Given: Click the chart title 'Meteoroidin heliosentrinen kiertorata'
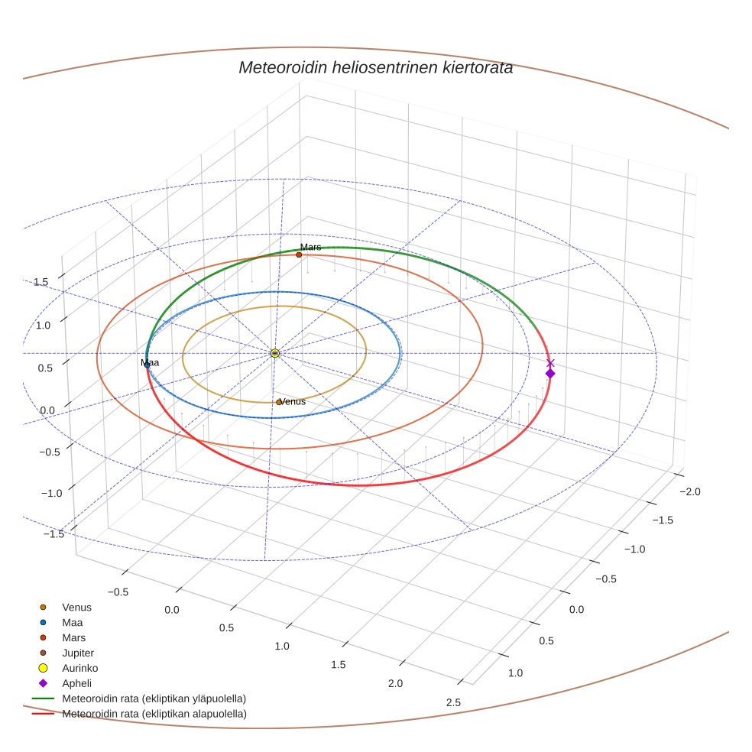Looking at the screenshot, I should [375, 67].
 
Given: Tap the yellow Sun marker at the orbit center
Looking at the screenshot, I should [274, 353].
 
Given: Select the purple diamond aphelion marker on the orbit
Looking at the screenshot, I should [549, 373].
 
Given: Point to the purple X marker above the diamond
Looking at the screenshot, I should [550, 363].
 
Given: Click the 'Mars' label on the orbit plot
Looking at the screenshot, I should [310, 247].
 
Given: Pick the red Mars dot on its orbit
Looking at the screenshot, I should [299, 254].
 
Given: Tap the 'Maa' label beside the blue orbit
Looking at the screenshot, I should [151, 362].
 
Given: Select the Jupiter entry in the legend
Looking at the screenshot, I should [78, 653].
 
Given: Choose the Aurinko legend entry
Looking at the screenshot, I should [79, 668].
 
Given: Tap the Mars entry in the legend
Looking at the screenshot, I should [73, 637].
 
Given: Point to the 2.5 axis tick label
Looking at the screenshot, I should [453, 702].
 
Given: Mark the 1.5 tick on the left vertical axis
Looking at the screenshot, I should [41, 282].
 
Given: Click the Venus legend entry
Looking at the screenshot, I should [76, 607].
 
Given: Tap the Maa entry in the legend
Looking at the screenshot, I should [73, 622].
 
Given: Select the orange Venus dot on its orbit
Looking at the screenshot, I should [279, 402].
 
